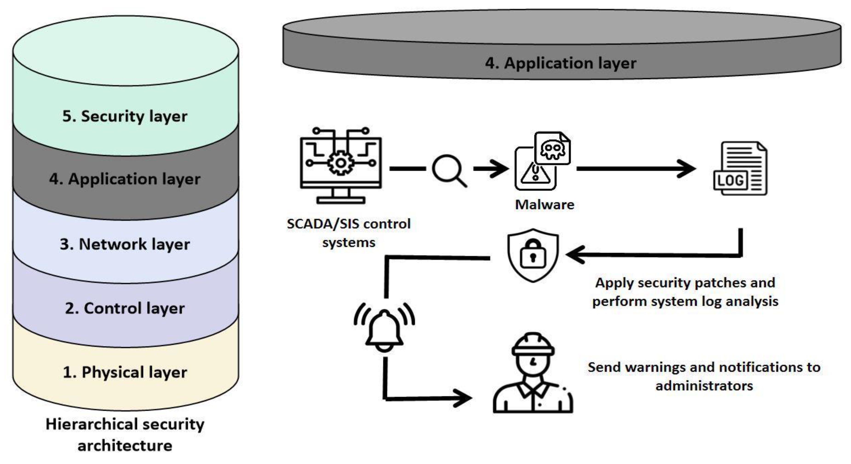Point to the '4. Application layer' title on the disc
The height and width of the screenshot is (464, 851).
pyautogui.click(x=560, y=63)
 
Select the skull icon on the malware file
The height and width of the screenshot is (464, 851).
pyautogui.click(x=552, y=149)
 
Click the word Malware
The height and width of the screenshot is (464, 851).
pyautogui.click(x=544, y=205)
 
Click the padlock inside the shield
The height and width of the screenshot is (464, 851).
pyautogui.click(x=533, y=254)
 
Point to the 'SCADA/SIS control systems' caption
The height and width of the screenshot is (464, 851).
pyautogui.click(x=348, y=233)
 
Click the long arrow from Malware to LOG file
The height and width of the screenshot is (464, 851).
pyautogui.click(x=636, y=169)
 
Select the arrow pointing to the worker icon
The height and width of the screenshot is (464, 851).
pyautogui.click(x=429, y=398)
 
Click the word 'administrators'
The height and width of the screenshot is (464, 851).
pyautogui.click(x=704, y=386)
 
